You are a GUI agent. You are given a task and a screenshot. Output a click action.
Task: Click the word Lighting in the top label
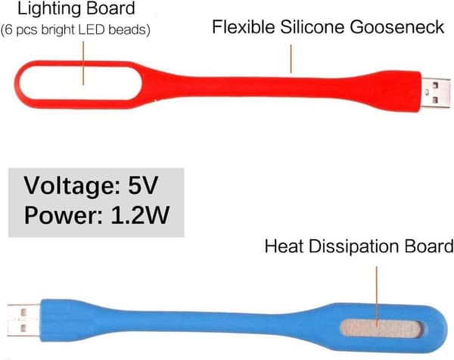(50, 9)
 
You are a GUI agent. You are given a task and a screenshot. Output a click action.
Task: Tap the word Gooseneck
(396, 28)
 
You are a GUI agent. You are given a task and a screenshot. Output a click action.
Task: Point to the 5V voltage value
(143, 185)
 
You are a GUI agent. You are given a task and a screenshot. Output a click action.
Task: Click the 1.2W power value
(140, 215)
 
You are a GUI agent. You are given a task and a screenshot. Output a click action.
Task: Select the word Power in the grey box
(63, 215)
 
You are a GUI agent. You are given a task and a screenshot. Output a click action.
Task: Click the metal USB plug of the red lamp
(435, 92)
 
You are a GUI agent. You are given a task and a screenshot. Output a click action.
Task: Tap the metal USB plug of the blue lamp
(23, 321)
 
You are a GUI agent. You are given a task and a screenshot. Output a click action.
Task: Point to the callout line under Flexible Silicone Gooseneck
(291, 59)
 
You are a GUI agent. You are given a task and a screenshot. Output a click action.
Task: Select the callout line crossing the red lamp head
(83, 63)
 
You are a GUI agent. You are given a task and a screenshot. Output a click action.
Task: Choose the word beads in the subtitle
(128, 29)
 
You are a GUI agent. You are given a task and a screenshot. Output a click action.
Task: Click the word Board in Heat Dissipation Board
(429, 247)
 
